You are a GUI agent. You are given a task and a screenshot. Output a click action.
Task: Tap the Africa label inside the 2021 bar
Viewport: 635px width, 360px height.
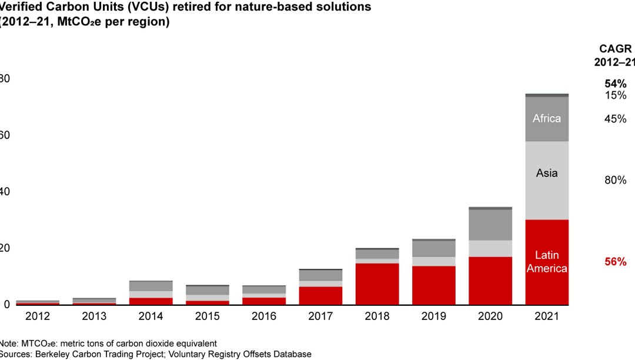click(547, 118)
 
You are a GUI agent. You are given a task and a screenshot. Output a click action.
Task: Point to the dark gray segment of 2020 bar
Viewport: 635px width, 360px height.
click(490, 224)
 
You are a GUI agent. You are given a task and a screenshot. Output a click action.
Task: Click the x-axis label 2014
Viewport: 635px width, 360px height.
click(151, 316)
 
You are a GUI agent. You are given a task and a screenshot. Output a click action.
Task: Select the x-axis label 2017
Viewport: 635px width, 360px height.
click(320, 316)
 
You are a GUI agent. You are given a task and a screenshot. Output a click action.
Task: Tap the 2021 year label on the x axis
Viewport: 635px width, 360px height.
click(547, 316)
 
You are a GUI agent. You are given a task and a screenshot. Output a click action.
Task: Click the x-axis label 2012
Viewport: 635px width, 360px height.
click(38, 316)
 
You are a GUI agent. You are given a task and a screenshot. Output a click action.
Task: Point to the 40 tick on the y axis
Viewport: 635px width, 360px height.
click(5, 192)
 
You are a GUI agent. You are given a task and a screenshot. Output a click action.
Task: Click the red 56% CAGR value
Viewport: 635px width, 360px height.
click(615, 262)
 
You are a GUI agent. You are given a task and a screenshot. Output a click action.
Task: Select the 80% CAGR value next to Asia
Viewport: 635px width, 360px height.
click(615, 181)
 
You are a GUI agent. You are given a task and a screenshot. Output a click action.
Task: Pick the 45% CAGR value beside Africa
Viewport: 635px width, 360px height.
click(615, 119)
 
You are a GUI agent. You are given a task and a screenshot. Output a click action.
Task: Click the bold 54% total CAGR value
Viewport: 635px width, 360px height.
click(615, 84)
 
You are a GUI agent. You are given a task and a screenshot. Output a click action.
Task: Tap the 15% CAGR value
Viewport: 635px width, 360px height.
click(615, 95)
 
